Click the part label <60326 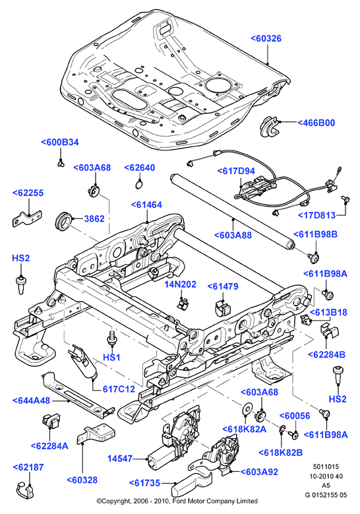tap(266, 38)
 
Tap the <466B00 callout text tap(316, 123)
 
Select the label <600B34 tap(60, 143)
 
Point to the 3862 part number tap(94, 218)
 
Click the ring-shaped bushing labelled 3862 tap(63, 222)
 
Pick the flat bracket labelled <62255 tap(27, 218)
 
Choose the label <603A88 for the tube tap(233, 235)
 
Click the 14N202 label tap(180, 284)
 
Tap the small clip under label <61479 tap(223, 308)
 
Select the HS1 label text tap(111, 358)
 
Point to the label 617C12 tap(119, 389)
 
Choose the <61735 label tap(144, 483)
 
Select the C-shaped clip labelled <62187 tap(25, 490)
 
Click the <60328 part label tap(82, 480)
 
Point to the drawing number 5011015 tap(326, 466)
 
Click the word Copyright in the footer tap(116, 501)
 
